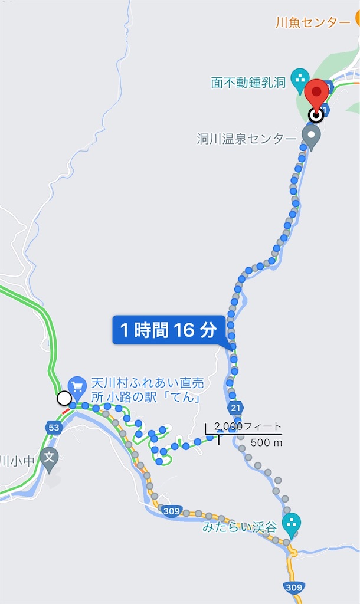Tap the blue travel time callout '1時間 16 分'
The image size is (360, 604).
pyautogui.click(x=169, y=330)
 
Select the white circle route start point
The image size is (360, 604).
pyautogui.click(x=64, y=399)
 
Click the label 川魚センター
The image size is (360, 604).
pyautogui.click(x=312, y=23)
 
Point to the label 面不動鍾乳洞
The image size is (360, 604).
pyautogui.click(x=248, y=82)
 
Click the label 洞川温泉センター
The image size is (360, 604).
pyautogui.click(x=247, y=139)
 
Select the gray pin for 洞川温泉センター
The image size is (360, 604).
pyautogui.click(x=311, y=136)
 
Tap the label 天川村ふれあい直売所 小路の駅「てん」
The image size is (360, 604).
pyautogui.click(x=146, y=391)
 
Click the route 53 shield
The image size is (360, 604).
pyautogui.click(x=54, y=427)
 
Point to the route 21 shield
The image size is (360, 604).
pyautogui.click(x=236, y=408)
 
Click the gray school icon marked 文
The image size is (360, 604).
pyautogui.click(x=50, y=457)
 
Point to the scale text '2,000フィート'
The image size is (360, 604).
pyautogui.click(x=248, y=426)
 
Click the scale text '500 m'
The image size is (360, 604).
pyautogui.click(x=266, y=442)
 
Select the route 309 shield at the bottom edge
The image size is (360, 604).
pyautogui.click(x=293, y=587)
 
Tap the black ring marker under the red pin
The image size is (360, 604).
pyautogui.click(x=316, y=115)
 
